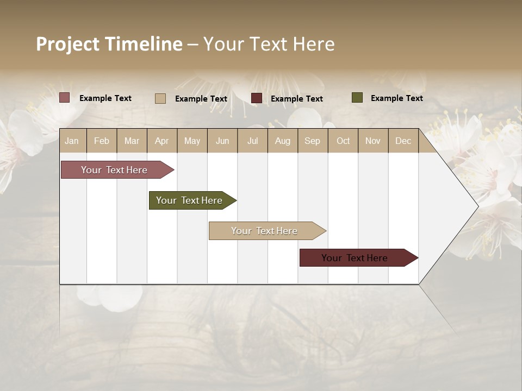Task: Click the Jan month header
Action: pyautogui.click(x=72, y=141)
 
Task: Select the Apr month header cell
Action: pyautogui.click(x=162, y=141)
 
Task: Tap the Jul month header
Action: pyautogui.click(x=252, y=141)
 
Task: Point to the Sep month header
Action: pyautogui.click(x=313, y=141)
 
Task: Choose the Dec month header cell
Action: pyautogui.click(x=403, y=141)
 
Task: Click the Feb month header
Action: pyautogui.click(x=102, y=141)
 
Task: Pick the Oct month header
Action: pyautogui.click(x=343, y=141)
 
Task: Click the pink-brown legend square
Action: pyautogui.click(x=65, y=98)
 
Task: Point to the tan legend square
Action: pyautogui.click(x=160, y=98)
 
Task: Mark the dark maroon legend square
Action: pyautogui.click(x=257, y=98)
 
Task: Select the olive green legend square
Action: pyautogui.click(x=357, y=98)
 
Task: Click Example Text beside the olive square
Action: pyautogui.click(x=396, y=98)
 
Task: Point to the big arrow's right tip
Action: pyautogui.click(x=477, y=206)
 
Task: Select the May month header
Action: pyautogui.click(x=192, y=141)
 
